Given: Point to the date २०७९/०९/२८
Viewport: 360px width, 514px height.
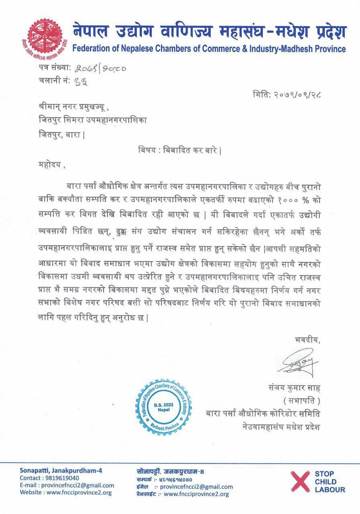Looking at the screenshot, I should click(x=288, y=95).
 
